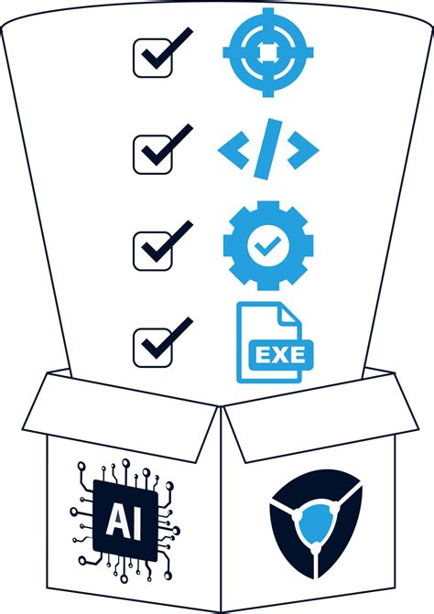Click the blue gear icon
pyautogui.click(x=267, y=244)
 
